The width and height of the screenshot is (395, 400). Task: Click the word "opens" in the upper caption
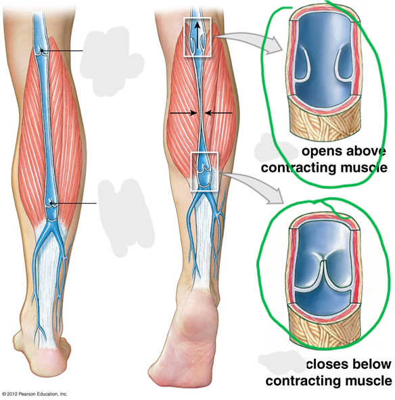click(x=321, y=152)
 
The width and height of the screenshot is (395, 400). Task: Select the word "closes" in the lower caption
click(x=327, y=363)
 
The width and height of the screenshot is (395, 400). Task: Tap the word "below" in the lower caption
click(x=372, y=363)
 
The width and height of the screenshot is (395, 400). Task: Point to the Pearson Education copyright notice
click(x=34, y=394)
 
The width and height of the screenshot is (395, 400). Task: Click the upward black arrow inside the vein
click(x=197, y=35)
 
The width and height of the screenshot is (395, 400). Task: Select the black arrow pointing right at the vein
click(x=183, y=112)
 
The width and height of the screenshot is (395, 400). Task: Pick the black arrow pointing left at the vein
click(x=218, y=112)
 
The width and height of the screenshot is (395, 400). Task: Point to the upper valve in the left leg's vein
click(x=43, y=51)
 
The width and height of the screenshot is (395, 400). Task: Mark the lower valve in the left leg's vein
click(x=52, y=203)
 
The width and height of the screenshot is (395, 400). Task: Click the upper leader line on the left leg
click(x=63, y=51)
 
